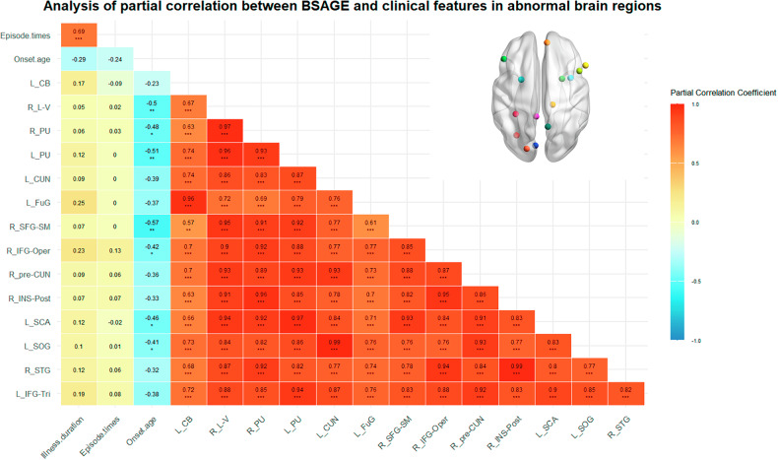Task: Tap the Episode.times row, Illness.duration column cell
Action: click(78, 35)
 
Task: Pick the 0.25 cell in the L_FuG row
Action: click(78, 202)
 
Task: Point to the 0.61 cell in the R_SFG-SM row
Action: click(375, 227)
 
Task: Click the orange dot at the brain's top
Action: click(547, 43)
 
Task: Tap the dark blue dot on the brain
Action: click(536, 147)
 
